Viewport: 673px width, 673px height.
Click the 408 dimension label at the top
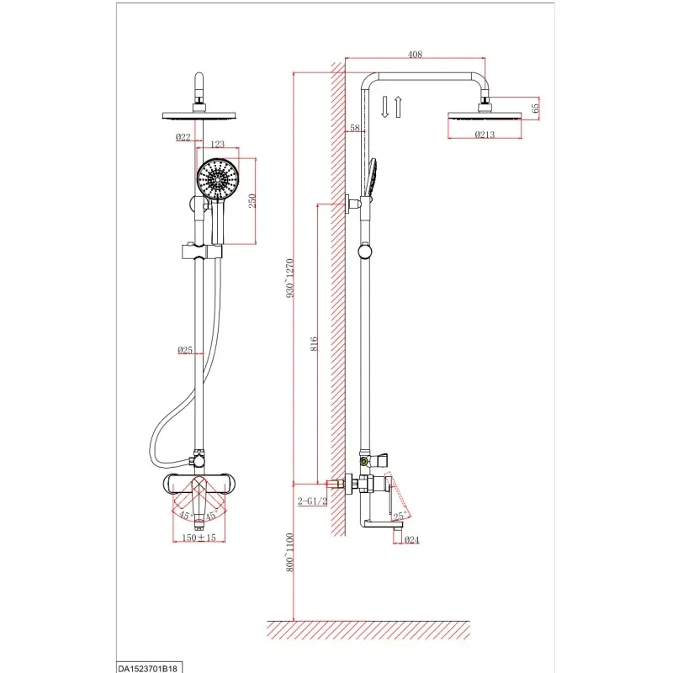pos(415,55)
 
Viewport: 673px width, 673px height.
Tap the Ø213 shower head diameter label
pos(485,135)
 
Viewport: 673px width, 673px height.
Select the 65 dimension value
pos(535,109)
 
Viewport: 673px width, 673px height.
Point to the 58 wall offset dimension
pos(355,128)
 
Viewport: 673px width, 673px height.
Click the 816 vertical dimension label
pos(314,344)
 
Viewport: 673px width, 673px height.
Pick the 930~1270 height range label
pos(290,278)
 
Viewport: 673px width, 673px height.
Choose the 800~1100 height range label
pos(290,552)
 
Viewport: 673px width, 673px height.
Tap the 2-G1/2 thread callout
pos(312,501)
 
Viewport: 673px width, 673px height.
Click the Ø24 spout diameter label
pos(411,540)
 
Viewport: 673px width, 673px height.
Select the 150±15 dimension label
pos(199,538)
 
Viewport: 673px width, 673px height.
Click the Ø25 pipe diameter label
pos(185,350)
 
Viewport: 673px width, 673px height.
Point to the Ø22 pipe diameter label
pos(183,137)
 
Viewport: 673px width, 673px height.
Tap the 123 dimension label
pos(217,144)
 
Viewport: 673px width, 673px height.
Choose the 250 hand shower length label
pos(252,201)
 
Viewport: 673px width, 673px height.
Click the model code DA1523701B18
pos(147,669)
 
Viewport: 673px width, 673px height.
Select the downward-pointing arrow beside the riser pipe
pos(385,107)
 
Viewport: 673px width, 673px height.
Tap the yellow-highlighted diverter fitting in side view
pos(364,461)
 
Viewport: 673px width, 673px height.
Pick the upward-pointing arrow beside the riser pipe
pos(398,107)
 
